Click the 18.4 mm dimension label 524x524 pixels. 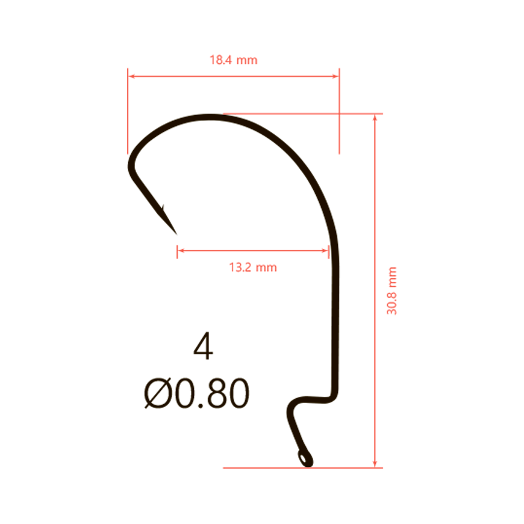(x=233, y=60)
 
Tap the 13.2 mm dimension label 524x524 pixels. (x=253, y=267)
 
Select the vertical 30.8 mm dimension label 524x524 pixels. (x=391, y=291)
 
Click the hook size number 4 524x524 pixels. (x=203, y=346)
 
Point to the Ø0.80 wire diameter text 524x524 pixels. (x=197, y=393)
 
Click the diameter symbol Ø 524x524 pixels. (x=158, y=393)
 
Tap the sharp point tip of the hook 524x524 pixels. (x=176, y=234)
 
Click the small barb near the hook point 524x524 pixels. (x=163, y=208)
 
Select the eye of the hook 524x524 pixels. (x=305, y=458)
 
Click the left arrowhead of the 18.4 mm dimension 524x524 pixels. (x=131, y=76)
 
